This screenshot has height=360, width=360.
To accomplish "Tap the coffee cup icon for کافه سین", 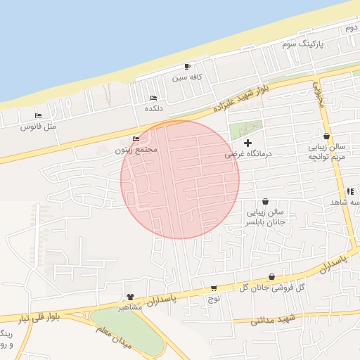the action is (186, 66).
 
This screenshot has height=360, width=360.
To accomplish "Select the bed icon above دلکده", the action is (154, 98).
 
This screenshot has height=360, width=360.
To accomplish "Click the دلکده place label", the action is (154, 108).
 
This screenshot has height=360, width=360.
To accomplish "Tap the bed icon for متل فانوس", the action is (38, 115).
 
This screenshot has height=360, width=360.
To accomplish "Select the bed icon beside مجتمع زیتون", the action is (136, 139).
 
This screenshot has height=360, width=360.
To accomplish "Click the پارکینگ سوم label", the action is (306, 44).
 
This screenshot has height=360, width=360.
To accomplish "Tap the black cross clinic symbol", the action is (247, 143).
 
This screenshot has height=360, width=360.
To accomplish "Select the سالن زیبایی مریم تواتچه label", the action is (328, 153).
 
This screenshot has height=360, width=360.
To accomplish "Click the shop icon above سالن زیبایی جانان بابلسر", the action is (264, 201).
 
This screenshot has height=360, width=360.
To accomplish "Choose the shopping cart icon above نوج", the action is (214, 288).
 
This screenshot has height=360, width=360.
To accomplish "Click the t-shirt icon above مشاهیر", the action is (130, 297).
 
